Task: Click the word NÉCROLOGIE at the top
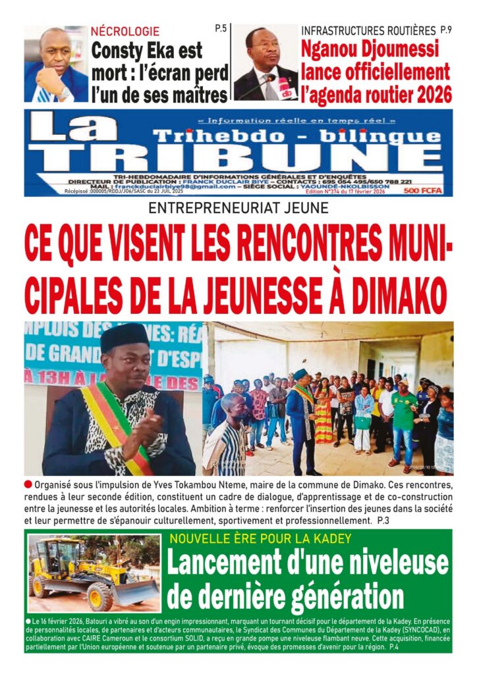pyautogui.click(x=125, y=31)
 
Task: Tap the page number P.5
pyautogui.click(x=220, y=29)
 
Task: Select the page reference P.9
pyautogui.click(x=446, y=30)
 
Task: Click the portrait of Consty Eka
pyautogui.click(x=55, y=65)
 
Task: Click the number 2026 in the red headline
pyautogui.click(x=429, y=94)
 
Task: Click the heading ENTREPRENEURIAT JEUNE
pyautogui.click(x=238, y=212)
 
